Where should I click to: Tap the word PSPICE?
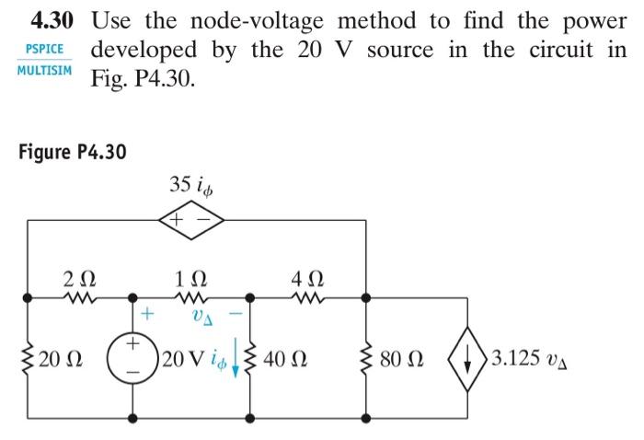[44, 50]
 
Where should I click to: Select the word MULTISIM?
[44, 70]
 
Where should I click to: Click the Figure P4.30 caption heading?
[72, 151]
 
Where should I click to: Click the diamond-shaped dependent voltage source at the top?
[191, 221]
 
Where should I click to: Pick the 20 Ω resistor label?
[53, 358]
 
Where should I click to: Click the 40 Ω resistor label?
[283, 358]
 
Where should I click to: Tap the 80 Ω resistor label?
[403, 358]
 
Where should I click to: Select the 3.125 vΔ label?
[526, 358]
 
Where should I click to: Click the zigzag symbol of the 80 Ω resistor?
[367, 357]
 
